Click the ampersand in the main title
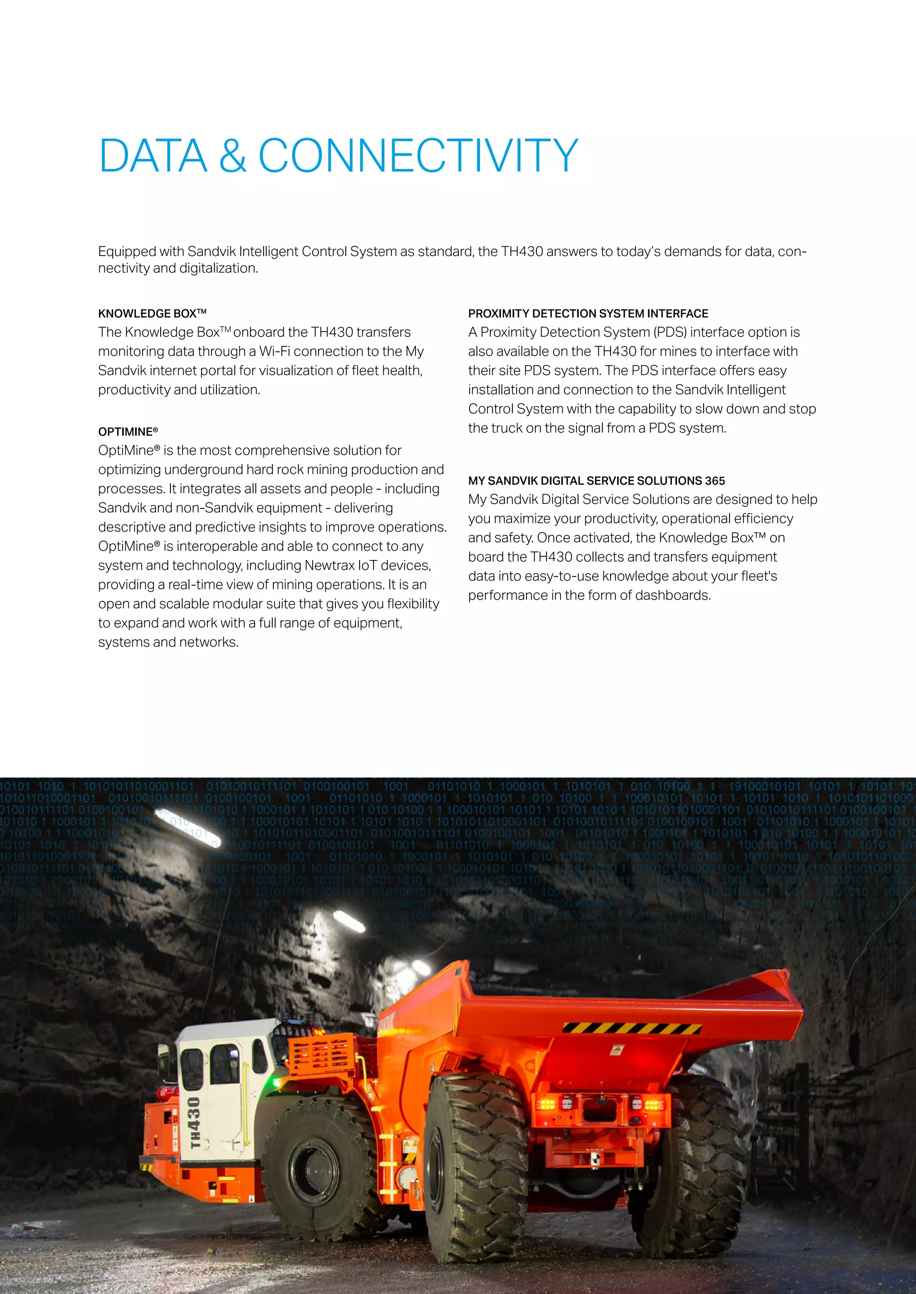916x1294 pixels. click(x=233, y=155)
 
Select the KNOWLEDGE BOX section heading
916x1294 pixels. click(x=152, y=313)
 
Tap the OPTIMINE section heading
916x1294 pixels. click(x=127, y=432)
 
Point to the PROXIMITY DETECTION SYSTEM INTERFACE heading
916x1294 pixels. click(x=588, y=313)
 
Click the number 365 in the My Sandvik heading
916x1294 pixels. click(x=715, y=481)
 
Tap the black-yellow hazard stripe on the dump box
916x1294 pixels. click(x=632, y=1029)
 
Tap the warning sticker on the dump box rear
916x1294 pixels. click(x=616, y=1050)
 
